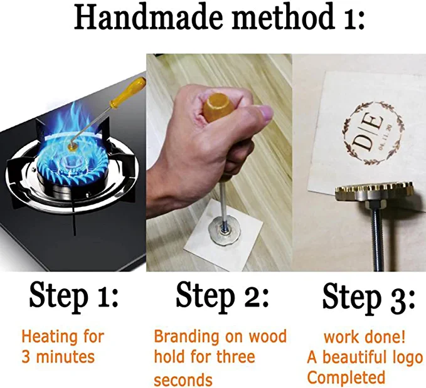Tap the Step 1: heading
73,296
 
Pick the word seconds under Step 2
183,380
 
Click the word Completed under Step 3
346,377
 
